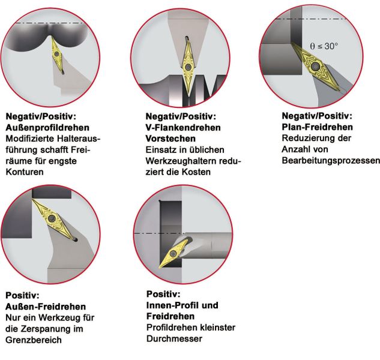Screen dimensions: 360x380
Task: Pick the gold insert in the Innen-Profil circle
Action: (x=178, y=250)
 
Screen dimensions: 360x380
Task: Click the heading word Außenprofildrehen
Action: (x=47, y=128)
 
